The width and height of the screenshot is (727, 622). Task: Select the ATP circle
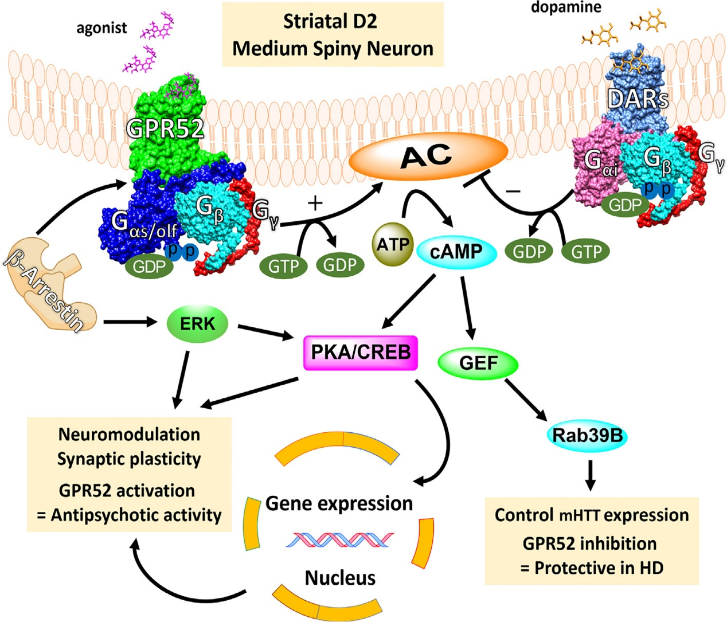tap(393, 245)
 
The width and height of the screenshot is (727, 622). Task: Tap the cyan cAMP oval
tap(456, 251)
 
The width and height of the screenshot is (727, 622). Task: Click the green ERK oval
tap(197, 323)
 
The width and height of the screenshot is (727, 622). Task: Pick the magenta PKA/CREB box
tap(360, 352)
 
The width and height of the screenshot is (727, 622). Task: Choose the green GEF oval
tap(478, 363)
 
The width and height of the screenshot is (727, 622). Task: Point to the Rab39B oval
tap(587, 436)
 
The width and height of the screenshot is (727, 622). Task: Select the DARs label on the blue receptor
tap(638, 99)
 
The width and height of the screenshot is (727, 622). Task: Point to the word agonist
tap(101, 28)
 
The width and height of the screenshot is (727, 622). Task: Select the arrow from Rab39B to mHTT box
tap(591, 475)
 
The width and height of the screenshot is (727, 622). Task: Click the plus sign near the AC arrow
tap(315, 204)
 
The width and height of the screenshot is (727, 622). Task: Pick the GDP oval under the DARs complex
tap(624, 205)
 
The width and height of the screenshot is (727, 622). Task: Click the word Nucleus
tap(340, 577)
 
